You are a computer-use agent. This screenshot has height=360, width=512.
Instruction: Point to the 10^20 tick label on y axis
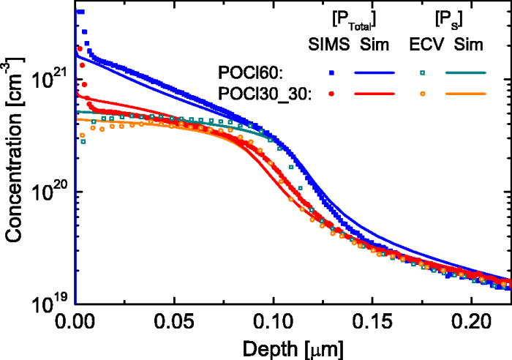(53, 192)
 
